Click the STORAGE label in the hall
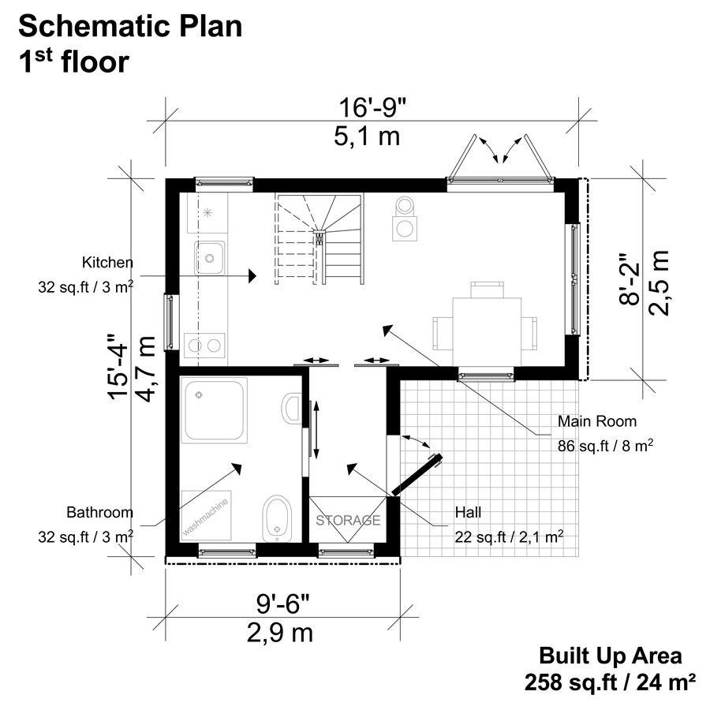click(349, 521)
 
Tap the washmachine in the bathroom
click(207, 514)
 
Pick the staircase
click(319, 240)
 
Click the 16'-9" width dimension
click(369, 106)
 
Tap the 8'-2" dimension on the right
click(626, 282)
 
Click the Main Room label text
click(596, 420)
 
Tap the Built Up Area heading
click(610, 656)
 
